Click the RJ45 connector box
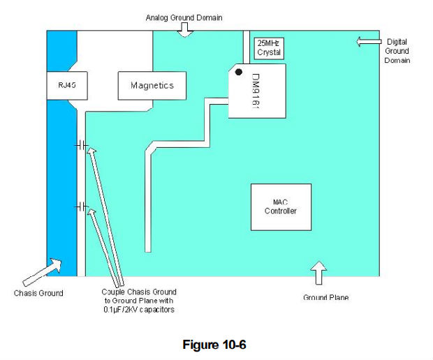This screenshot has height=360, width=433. pos(61,86)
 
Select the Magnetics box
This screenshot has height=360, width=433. pos(152,86)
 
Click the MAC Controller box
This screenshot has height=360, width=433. pos(280,206)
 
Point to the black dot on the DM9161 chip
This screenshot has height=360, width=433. pos(239,72)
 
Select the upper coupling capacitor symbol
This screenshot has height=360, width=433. pos(82,145)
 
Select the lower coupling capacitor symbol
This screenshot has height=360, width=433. pos(82,207)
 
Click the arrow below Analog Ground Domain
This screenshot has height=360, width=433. pos(184,29)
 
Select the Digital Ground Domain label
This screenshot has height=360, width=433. pos(397,51)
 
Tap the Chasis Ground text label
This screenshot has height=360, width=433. pos(38,293)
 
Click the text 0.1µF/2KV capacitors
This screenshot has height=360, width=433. pos(138,310)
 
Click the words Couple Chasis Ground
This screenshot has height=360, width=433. pos(138,292)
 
